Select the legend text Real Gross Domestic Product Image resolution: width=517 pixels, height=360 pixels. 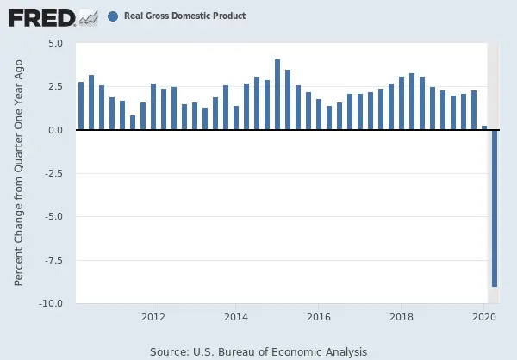coord(184,16)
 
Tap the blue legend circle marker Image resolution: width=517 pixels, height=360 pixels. coord(114,16)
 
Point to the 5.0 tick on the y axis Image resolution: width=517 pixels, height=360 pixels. coord(56,43)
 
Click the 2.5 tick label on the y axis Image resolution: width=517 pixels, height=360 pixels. coord(56,87)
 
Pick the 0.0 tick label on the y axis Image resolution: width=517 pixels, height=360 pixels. coord(56,130)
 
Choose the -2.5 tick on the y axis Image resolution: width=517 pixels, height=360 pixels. coord(54,173)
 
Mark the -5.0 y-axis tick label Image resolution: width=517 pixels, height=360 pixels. coord(54,217)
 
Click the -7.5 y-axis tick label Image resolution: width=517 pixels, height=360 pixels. coord(54,260)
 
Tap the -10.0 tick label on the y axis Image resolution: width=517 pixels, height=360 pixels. coord(52,303)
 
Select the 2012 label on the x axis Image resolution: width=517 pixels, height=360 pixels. coord(153,317)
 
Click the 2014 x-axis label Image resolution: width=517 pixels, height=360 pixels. coord(236,317)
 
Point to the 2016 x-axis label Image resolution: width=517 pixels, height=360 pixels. coord(319,317)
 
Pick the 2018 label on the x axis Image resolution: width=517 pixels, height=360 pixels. coord(402,317)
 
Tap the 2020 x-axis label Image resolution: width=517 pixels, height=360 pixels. coord(484,317)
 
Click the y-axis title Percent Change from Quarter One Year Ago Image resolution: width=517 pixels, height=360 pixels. coord(19,173)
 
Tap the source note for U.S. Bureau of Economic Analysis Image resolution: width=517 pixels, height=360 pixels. coord(258,351)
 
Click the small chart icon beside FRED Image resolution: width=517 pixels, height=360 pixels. coord(87,16)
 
